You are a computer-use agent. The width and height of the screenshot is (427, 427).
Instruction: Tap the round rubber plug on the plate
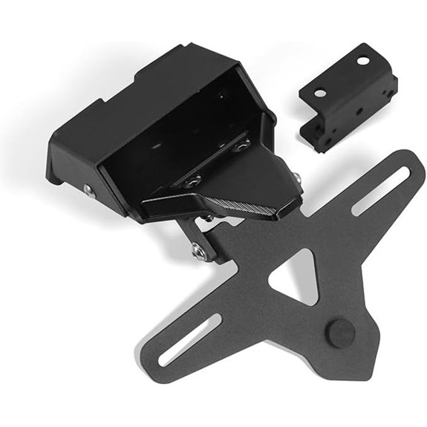pyautogui.click(x=339, y=333)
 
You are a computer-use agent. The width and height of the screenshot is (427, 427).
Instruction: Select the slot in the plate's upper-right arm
pyautogui.click(x=379, y=191)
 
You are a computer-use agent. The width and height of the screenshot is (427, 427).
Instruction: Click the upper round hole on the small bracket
pyautogui.click(x=364, y=60)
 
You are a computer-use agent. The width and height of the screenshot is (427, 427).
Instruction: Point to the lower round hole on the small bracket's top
pyautogui.click(x=320, y=94)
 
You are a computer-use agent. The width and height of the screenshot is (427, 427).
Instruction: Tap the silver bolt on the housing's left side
pyautogui.click(x=89, y=190)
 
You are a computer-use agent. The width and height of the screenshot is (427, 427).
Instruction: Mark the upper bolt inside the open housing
pyautogui.click(x=241, y=145)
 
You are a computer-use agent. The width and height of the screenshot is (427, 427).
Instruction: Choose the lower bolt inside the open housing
pyautogui.click(x=195, y=180)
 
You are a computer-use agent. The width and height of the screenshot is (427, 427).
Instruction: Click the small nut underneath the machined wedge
pyautogui.click(x=211, y=218)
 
